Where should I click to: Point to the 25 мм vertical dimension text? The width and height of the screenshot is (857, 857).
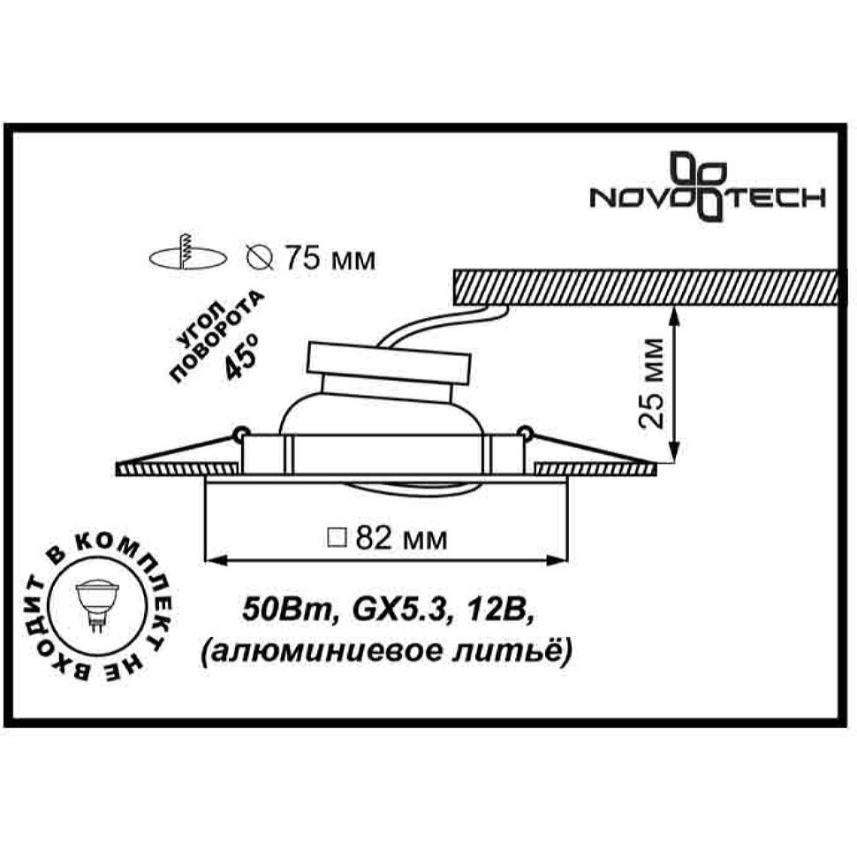[653, 383]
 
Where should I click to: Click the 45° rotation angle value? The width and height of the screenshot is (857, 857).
[241, 357]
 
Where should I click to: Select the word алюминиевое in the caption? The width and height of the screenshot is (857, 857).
[325, 651]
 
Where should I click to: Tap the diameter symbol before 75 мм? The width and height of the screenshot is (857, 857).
[260, 257]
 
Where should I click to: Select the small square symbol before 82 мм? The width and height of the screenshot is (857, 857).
[337, 538]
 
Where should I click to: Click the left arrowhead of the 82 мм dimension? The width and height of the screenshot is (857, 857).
[216, 560]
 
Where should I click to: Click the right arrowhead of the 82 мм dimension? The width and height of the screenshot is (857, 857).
[557, 560]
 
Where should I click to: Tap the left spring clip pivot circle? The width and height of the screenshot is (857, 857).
[239, 434]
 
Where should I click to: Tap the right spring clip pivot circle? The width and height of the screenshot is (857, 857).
[525, 434]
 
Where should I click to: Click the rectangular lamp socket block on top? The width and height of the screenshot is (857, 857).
[389, 363]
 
